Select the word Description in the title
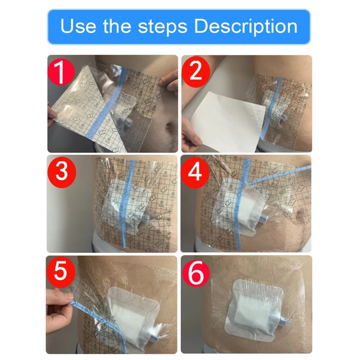coord(246,27)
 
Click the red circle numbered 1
coord(61,72)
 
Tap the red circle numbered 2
coord(196,71)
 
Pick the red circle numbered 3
coord(62,172)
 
